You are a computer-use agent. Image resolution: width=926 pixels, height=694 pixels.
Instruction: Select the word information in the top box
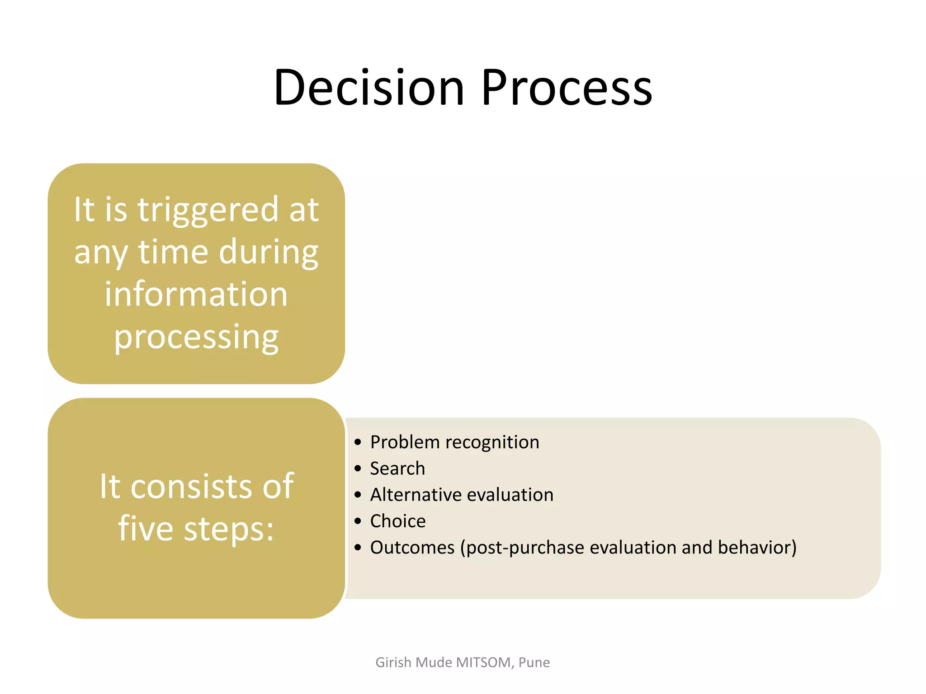pyautogui.click(x=196, y=294)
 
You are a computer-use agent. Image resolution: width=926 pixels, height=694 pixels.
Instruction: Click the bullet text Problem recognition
pyautogui.click(x=454, y=442)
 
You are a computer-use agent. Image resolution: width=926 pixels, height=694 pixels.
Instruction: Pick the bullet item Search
pyautogui.click(x=397, y=469)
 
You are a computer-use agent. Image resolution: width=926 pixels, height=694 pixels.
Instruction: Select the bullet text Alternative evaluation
pyautogui.click(x=462, y=495)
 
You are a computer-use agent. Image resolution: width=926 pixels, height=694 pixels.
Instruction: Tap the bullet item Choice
pyautogui.click(x=398, y=521)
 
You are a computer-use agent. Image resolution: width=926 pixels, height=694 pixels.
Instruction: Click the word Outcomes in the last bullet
pyautogui.click(x=412, y=548)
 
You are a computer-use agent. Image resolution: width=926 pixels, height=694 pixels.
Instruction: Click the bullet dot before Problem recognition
pyautogui.click(x=358, y=442)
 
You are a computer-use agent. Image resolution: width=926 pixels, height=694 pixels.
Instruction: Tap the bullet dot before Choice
pyautogui.click(x=358, y=521)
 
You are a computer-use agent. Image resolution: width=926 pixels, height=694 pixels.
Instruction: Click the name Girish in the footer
pyautogui.click(x=393, y=662)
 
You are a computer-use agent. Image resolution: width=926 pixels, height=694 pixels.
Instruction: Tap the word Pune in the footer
pyautogui.click(x=534, y=662)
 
